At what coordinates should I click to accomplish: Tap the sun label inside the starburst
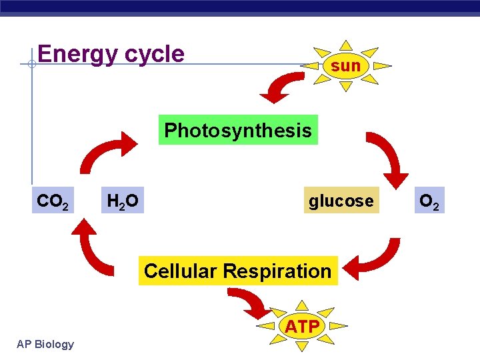pos(345,65)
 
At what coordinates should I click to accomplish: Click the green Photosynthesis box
pos(238,130)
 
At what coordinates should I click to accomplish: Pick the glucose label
pos(341,201)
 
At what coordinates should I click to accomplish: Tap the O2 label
pos(429,201)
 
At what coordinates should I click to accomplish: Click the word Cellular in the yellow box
pos(181,271)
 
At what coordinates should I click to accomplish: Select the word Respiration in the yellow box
pos(277,271)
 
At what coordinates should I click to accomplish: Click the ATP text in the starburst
pos(302,327)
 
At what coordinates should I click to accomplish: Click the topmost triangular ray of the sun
pos(345,45)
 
